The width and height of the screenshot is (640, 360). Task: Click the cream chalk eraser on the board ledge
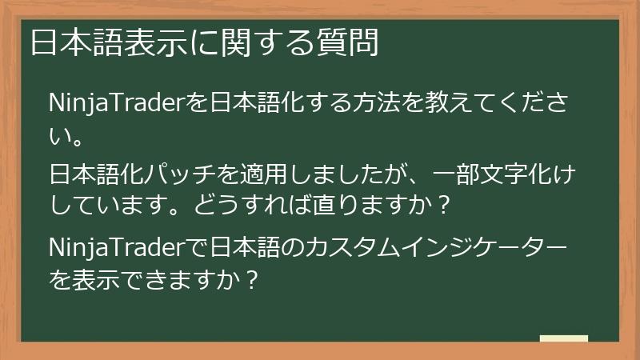(563, 339)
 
